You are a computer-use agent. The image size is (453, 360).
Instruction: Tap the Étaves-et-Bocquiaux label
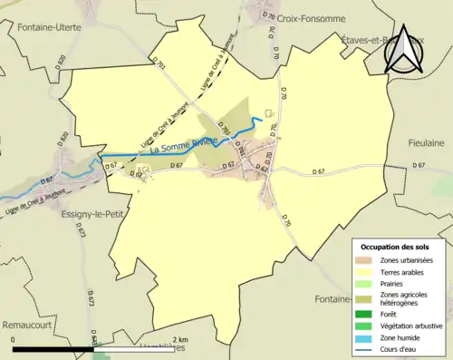point(371,40)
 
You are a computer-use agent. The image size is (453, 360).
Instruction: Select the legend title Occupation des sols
point(395,247)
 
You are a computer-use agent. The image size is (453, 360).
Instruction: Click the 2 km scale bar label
point(180,339)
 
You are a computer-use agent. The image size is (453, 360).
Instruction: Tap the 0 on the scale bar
point(13,339)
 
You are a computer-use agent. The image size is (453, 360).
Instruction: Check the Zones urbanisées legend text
point(407,260)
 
